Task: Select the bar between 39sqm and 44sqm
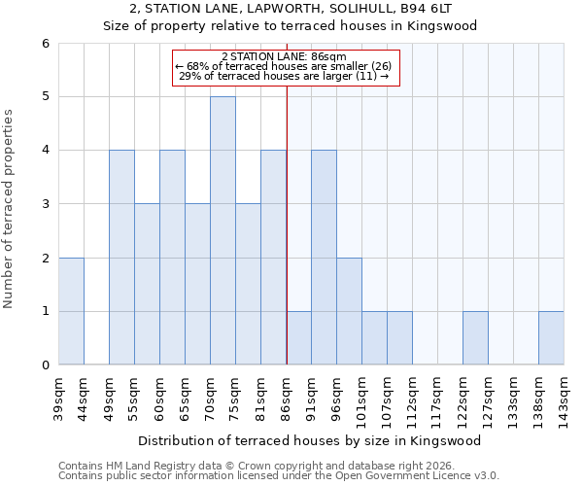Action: [x=71, y=311]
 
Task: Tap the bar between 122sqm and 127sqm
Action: [x=475, y=337]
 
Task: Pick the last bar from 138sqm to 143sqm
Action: [x=551, y=337]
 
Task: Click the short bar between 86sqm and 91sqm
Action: [x=298, y=337]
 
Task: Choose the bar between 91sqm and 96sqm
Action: [x=324, y=258]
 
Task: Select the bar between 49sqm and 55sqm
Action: [x=121, y=258]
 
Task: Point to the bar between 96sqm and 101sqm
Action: [x=349, y=311]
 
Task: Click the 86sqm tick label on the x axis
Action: [x=286, y=395]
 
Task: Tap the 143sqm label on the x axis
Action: [x=564, y=398]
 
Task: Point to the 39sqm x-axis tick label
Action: [x=58, y=395]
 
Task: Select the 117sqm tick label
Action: [x=437, y=398]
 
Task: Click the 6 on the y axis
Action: [x=45, y=44]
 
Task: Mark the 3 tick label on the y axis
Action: [x=45, y=204]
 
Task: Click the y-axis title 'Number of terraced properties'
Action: [x=10, y=209]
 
